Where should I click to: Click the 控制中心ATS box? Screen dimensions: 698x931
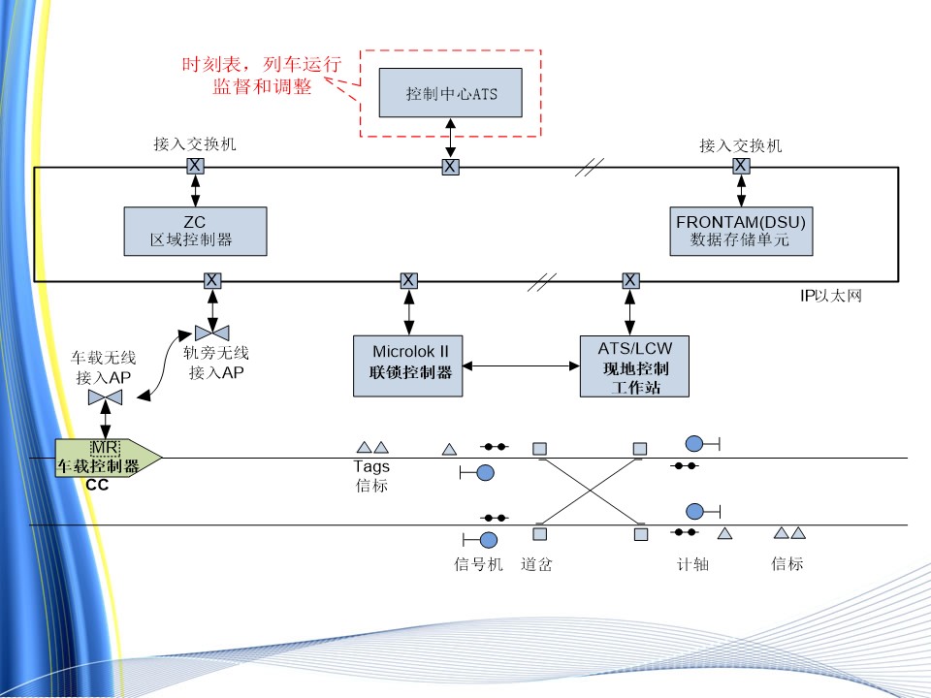click(450, 93)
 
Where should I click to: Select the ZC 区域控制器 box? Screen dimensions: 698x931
click(195, 231)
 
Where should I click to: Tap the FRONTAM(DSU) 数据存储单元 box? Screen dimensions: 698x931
click(741, 231)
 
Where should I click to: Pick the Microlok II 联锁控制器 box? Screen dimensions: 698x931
click(408, 365)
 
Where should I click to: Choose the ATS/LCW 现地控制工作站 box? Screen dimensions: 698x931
click(634, 365)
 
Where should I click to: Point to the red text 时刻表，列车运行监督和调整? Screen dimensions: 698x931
click(262, 76)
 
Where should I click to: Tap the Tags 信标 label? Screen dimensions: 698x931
click(371, 476)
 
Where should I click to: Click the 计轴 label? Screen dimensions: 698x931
click(692, 563)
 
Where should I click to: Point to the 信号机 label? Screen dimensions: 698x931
click(478, 563)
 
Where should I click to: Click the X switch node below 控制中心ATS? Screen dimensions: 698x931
click(450, 167)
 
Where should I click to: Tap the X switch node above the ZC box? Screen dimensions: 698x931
click(195, 166)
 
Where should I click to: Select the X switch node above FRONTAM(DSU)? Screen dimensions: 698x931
click(741, 166)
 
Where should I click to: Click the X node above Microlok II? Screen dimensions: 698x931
click(408, 281)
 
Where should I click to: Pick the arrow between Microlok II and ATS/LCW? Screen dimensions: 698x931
click(521, 365)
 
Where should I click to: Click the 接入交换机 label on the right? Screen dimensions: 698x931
click(741, 145)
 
